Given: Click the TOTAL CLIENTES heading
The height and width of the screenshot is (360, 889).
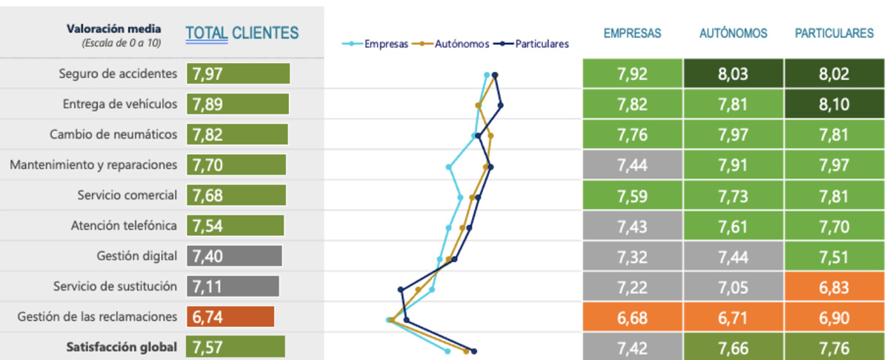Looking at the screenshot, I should [242, 33].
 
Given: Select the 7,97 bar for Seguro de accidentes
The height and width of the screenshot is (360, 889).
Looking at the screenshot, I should [238, 74].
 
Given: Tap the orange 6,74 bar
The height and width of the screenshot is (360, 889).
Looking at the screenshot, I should [230, 317].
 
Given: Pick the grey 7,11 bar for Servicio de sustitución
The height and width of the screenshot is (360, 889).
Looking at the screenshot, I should [233, 287].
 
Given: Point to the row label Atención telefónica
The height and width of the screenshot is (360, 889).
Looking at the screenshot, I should [124, 226].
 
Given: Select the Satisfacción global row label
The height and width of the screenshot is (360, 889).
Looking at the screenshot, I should [121, 347].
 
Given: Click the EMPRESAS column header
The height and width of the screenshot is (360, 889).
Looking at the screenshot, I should [632, 33].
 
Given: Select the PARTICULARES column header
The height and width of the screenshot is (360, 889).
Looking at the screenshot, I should [834, 33].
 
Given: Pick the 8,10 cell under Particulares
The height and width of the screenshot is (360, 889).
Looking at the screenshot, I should [835, 104].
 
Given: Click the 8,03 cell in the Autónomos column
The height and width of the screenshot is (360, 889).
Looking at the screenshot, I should [733, 74].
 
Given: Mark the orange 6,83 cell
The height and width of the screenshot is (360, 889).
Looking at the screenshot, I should [835, 287].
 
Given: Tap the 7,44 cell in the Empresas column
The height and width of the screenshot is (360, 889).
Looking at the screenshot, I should [632, 165].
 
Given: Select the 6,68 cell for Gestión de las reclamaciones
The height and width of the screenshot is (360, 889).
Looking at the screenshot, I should [632, 317].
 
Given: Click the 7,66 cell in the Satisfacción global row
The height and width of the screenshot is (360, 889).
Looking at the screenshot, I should [733, 347].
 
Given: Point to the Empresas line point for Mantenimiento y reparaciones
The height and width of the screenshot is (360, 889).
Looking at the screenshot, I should [449, 167].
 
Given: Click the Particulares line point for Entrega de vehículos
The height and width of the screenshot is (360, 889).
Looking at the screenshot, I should [502, 105].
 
